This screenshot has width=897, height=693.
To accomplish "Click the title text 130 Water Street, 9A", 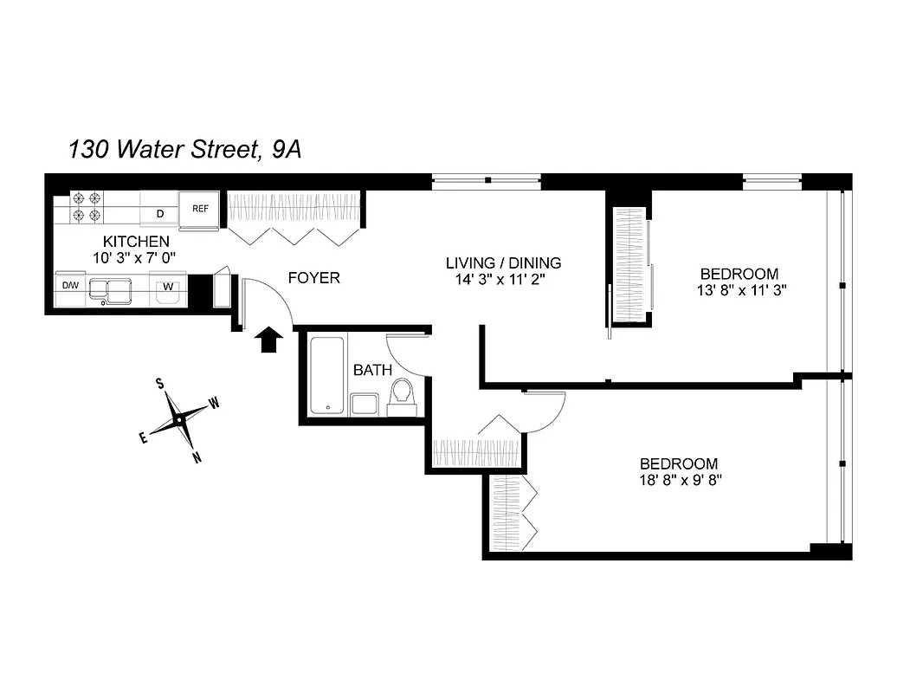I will [x=184, y=150].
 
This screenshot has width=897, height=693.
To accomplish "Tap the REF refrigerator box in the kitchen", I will [x=200, y=209].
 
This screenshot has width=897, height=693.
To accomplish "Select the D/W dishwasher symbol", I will [x=69, y=285].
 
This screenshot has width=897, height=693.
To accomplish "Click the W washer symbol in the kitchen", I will [x=168, y=287].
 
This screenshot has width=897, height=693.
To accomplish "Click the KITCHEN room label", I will [x=136, y=241].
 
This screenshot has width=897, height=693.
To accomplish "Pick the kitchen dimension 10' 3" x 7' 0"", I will [x=136, y=257].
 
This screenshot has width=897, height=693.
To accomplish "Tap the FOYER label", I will [x=313, y=278].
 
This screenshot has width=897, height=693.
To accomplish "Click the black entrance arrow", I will [x=269, y=340].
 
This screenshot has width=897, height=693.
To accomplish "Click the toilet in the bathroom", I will [x=403, y=396].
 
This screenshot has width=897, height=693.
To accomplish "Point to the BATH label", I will [x=372, y=370].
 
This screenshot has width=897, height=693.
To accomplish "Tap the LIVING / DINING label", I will [x=503, y=262].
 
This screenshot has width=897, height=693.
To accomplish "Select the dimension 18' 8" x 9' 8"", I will [x=679, y=479].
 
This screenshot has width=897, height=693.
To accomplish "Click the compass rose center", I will [x=179, y=419].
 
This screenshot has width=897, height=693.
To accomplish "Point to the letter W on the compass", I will [x=214, y=403].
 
